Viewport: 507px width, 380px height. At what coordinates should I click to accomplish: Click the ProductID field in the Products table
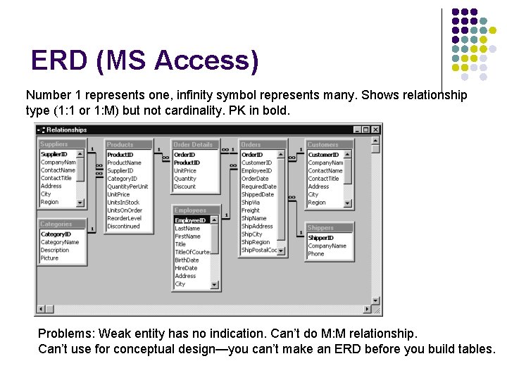point(120,155)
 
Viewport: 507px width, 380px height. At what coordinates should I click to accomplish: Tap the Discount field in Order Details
point(184,186)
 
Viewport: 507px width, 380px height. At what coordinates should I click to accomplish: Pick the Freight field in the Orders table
point(251,210)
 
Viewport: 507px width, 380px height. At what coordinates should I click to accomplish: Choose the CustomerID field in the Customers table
point(323,155)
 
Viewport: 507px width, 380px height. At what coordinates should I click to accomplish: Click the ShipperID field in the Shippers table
point(320,238)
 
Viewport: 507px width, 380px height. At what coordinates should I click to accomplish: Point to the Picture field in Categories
point(49,258)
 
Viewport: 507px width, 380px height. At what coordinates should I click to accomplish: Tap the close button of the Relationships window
point(375,129)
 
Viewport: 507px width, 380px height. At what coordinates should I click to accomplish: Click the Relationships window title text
point(67,129)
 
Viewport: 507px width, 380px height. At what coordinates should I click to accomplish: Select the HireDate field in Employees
point(187,268)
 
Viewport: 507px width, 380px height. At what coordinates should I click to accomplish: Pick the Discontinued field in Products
point(123,227)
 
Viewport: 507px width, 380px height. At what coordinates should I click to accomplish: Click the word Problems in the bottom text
point(65,333)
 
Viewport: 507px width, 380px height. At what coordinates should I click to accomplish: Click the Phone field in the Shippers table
point(315,254)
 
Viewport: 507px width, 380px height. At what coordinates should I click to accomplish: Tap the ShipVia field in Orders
point(251,203)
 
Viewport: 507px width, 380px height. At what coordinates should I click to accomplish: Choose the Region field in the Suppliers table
point(49,202)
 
